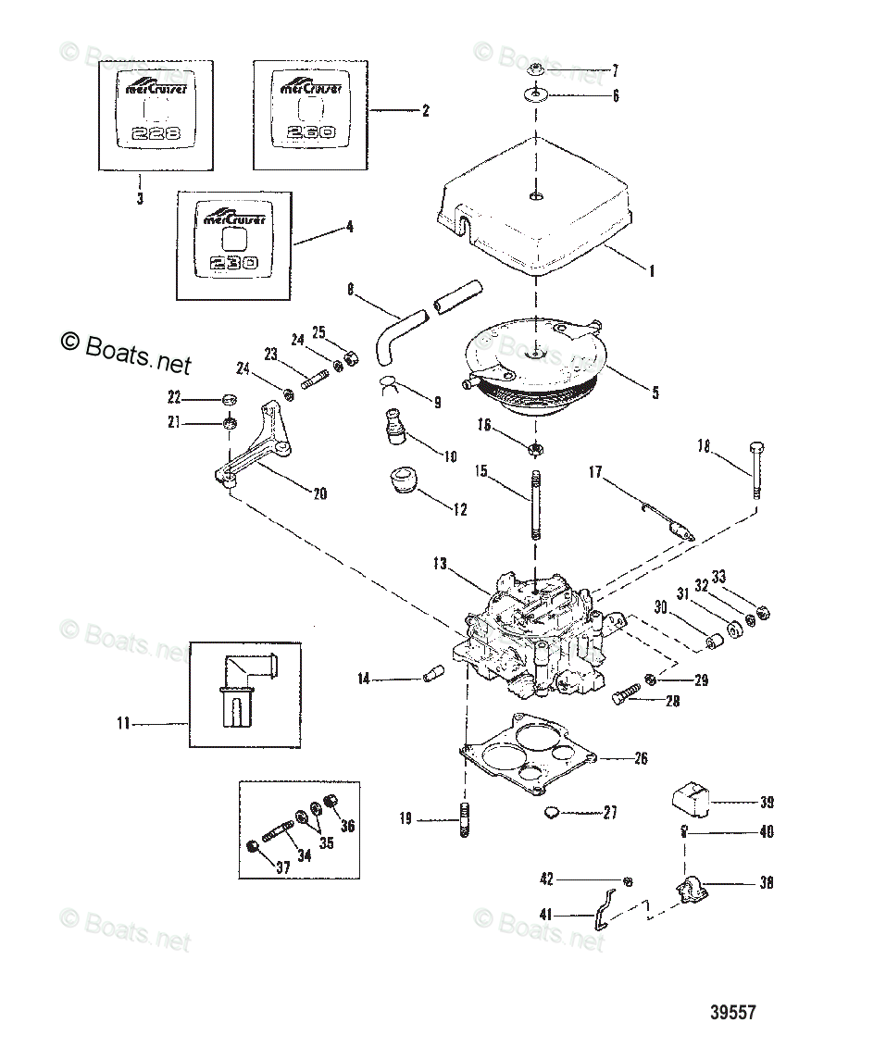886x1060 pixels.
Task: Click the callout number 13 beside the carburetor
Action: pos(439,564)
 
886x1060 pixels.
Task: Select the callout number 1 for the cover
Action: pos(652,271)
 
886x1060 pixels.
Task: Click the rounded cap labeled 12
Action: pos(401,482)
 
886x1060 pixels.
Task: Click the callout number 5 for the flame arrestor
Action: pos(655,393)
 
